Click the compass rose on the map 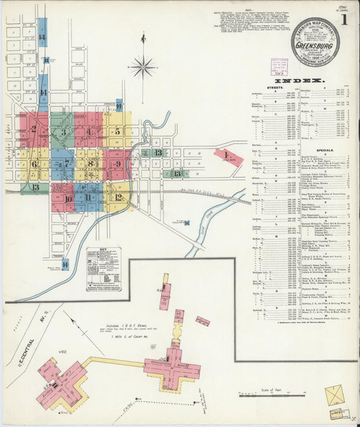(x=143, y=66)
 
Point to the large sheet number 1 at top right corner (x=344, y=21)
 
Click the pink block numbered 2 (x=33, y=129)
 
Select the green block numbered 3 (x=63, y=132)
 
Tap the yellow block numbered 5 (x=118, y=131)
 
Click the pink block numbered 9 (x=118, y=164)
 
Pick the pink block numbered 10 (x=66, y=198)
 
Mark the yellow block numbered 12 (x=118, y=197)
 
